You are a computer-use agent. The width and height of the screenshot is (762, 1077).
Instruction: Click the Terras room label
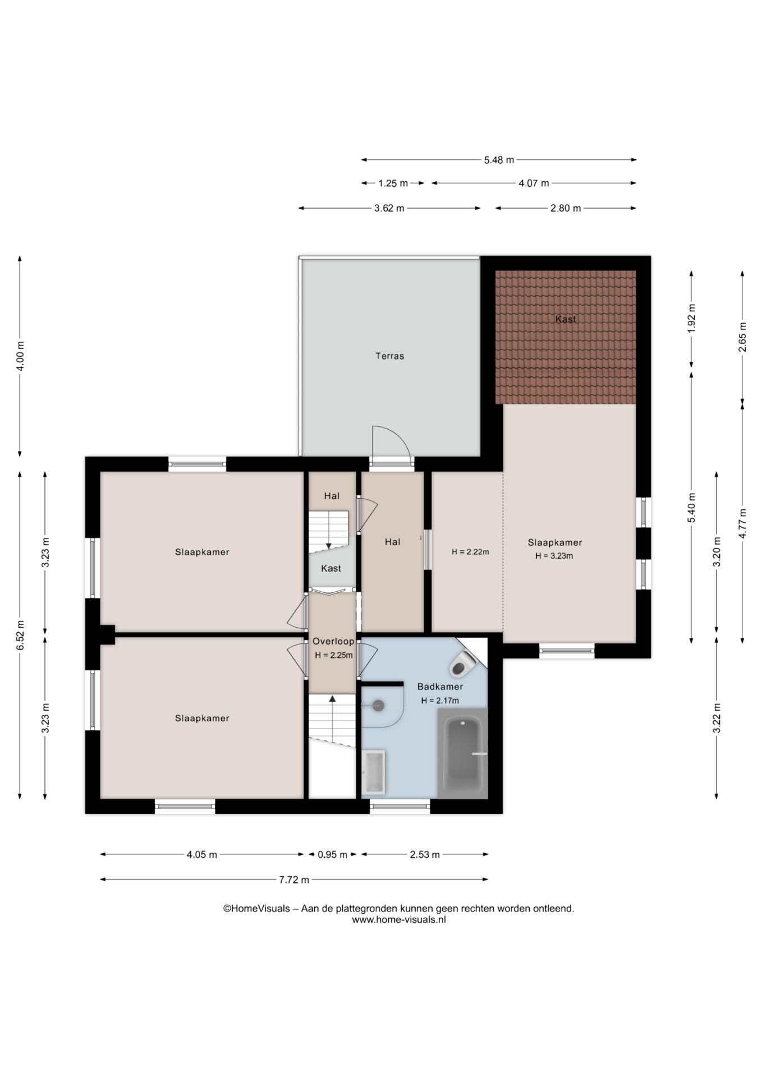(389, 356)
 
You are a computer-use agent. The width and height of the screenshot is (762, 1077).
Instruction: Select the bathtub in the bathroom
(463, 753)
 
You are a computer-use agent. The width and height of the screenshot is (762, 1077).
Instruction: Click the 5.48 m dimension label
(499, 160)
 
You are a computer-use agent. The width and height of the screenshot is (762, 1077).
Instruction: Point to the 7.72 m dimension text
(294, 880)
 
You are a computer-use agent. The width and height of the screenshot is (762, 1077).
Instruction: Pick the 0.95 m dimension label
(332, 855)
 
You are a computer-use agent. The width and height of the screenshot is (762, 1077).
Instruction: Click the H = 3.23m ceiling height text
(554, 556)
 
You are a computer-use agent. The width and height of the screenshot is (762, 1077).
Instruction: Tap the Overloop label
(333, 642)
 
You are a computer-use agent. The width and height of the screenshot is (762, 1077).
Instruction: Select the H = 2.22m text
(470, 552)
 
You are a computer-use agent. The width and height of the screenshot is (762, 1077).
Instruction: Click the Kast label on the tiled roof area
(566, 319)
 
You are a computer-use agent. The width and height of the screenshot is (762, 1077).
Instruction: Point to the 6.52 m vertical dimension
(20, 636)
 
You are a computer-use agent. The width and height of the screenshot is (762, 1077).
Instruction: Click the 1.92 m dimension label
(691, 319)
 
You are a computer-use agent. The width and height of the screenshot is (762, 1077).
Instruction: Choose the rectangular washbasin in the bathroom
(373, 772)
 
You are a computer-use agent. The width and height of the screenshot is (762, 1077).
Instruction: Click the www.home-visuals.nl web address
(399, 919)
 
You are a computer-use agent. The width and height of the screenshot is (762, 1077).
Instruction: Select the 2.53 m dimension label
(425, 855)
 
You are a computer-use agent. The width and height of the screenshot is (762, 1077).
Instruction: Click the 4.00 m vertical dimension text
(20, 356)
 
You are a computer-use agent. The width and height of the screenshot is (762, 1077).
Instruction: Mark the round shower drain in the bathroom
(378, 706)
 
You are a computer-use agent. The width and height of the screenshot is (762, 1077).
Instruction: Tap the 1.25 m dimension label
(393, 183)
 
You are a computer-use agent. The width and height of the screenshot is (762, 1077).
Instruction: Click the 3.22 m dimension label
(717, 718)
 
